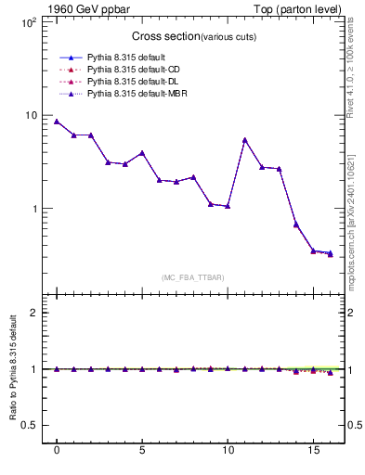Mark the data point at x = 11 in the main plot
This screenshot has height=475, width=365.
(x=244, y=140)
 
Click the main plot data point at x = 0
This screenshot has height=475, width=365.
(x=57, y=122)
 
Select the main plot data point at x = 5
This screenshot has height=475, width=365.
(x=142, y=152)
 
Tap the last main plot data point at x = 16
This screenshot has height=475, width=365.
(x=330, y=253)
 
